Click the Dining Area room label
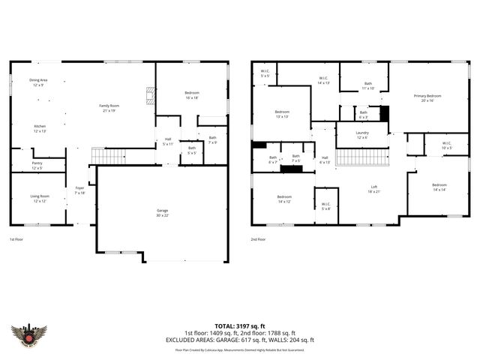pos(38,82)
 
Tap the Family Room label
pos(109,109)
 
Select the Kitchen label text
pos(40,128)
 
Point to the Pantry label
pos(37,165)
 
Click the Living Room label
pos(40,198)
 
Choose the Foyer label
pos(79,190)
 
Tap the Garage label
pos(162,213)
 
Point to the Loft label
pos(373,189)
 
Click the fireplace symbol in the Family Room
pos(149,94)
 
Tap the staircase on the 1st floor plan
pos(108,156)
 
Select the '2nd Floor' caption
pos(259,239)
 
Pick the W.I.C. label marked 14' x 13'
pos(323,79)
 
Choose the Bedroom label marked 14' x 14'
pos(439,187)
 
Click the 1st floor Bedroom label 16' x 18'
pos(191,95)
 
